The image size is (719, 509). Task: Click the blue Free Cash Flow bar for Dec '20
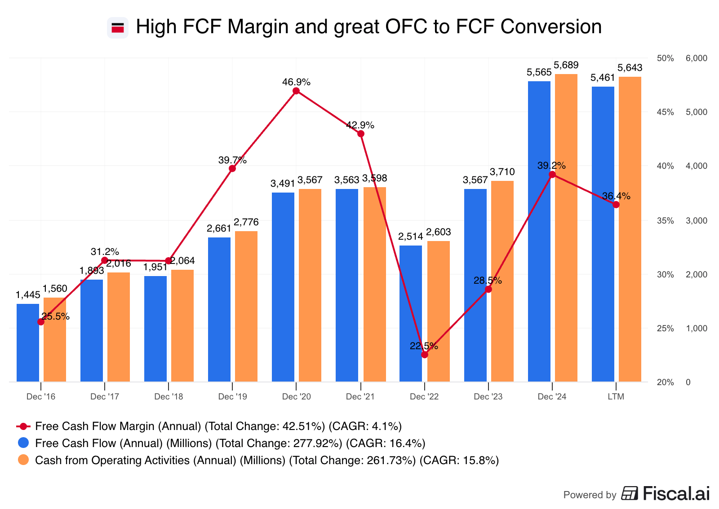click(x=283, y=287)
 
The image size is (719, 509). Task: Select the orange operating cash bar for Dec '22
click(x=438, y=312)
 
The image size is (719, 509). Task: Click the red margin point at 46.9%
click(x=296, y=91)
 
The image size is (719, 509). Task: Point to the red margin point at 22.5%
click(x=425, y=355)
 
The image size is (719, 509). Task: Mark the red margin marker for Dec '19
click(x=232, y=169)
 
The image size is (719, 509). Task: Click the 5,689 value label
click(x=566, y=66)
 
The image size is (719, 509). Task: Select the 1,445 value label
click(x=28, y=295)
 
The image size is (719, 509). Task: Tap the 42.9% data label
click(x=360, y=125)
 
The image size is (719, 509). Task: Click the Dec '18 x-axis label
click(x=169, y=397)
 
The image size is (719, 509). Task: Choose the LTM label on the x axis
click(x=616, y=397)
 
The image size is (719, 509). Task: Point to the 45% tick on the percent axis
click(x=665, y=112)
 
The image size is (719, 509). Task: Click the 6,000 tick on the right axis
click(x=696, y=58)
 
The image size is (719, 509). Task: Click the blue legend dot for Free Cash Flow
click(x=23, y=443)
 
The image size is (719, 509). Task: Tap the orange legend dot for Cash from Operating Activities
click(x=23, y=460)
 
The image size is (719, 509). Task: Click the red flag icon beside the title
click(x=118, y=28)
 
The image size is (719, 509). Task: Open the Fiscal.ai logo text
click(x=676, y=494)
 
